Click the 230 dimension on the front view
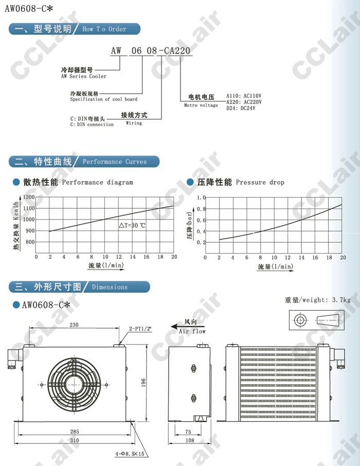(74, 325)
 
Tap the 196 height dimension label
(143, 383)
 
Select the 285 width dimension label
(75, 432)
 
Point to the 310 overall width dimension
(75, 440)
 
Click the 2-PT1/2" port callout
(140, 329)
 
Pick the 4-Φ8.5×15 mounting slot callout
(130, 454)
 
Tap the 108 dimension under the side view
(190, 440)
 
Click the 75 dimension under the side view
(188, 432)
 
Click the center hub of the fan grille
(74, 385)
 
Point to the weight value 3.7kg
(341, 300)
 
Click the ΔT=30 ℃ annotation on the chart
(132, 226)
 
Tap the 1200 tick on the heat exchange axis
(29, 197)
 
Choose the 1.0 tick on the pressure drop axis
(201, 198)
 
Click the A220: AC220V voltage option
(244, 102)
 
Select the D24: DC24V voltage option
(241, 108)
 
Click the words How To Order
(104, 29)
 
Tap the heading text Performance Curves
(115, 162)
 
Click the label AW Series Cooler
(83, 76)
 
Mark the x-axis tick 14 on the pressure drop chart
(301, 258)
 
